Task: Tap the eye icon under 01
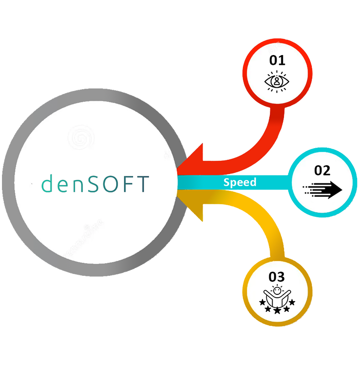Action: tap(277, 81)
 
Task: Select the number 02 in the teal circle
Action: tap(322, 171)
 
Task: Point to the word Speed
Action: tap(240, 183)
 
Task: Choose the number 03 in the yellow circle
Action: tap(277, 277)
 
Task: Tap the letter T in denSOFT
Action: tap(142, 184)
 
